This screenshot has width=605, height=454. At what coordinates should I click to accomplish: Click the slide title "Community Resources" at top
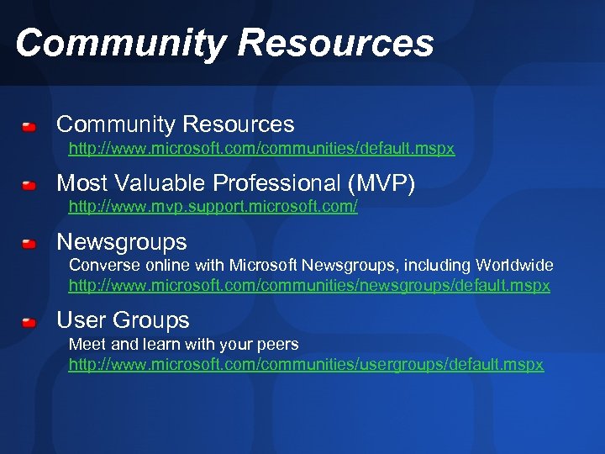click(x=224, y=43)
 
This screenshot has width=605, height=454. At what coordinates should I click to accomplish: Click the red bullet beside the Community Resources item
click(x=29, y=127)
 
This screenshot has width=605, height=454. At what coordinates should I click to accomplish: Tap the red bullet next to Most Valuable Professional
click(x=29, y=184)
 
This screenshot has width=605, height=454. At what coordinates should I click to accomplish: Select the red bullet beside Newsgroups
click(x=29, y=244)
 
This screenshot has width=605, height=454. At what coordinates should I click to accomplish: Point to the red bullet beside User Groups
click(x=29, y=321)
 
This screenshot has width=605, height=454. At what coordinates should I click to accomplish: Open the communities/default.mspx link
click(x=261, y=149)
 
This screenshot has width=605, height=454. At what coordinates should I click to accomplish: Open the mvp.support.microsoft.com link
click(x=213, y=207)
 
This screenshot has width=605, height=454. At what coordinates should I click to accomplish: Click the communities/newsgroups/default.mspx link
click(x=309, y=286)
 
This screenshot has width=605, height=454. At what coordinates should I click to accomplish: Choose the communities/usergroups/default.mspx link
click(x=306, y=365)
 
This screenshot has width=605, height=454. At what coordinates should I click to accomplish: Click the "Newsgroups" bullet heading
click(x=122, y=243)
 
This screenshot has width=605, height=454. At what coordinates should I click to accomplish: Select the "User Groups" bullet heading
click(x=123, y=320)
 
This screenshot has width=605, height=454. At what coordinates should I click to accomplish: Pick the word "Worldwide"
click(x=514, y=266)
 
